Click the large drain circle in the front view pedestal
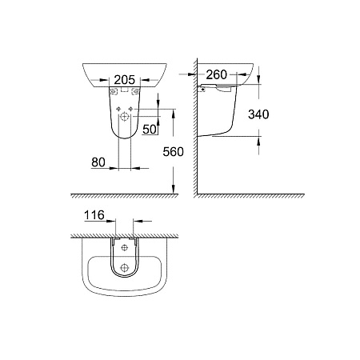(126, 118)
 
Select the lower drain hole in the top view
(126, 267)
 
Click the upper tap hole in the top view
(126, 248)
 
